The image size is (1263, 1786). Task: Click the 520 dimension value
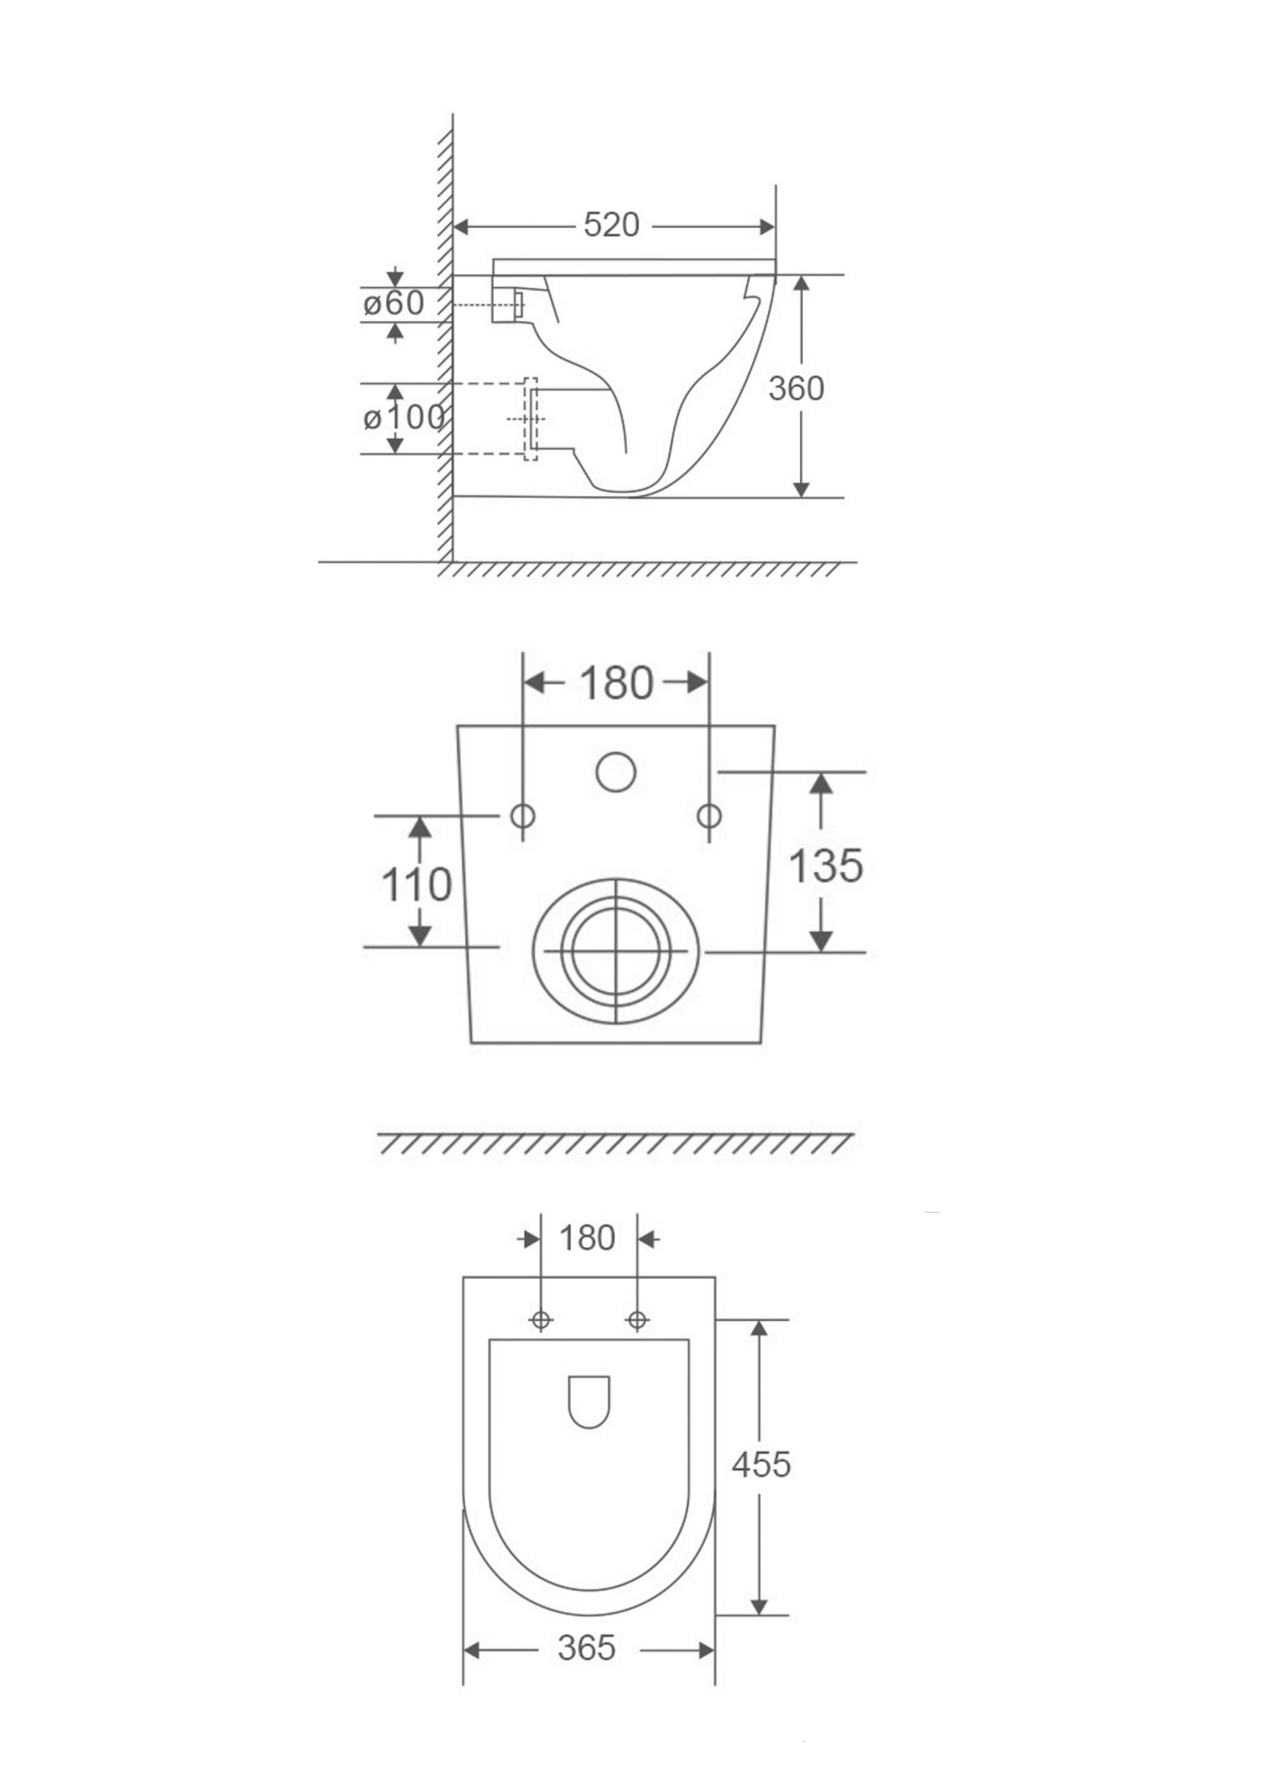611,225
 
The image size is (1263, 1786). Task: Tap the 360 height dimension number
796,388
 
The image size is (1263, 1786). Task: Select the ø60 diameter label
394,302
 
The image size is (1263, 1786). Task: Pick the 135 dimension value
826,865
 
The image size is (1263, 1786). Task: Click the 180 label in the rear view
616,683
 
